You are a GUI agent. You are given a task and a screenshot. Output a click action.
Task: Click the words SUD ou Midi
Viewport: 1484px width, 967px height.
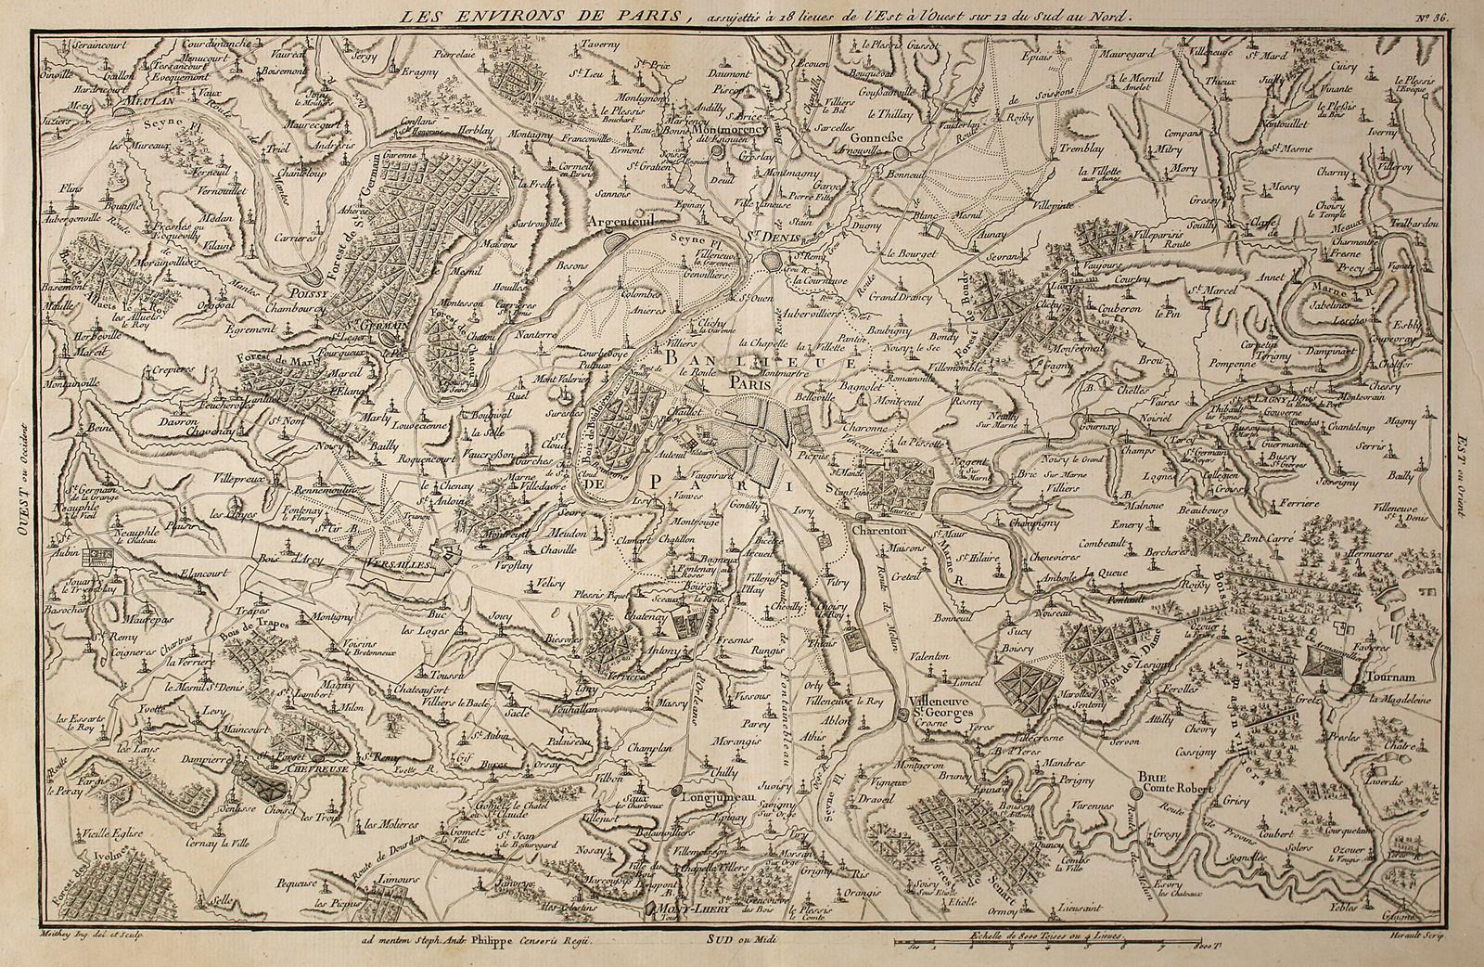pos(737,938)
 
